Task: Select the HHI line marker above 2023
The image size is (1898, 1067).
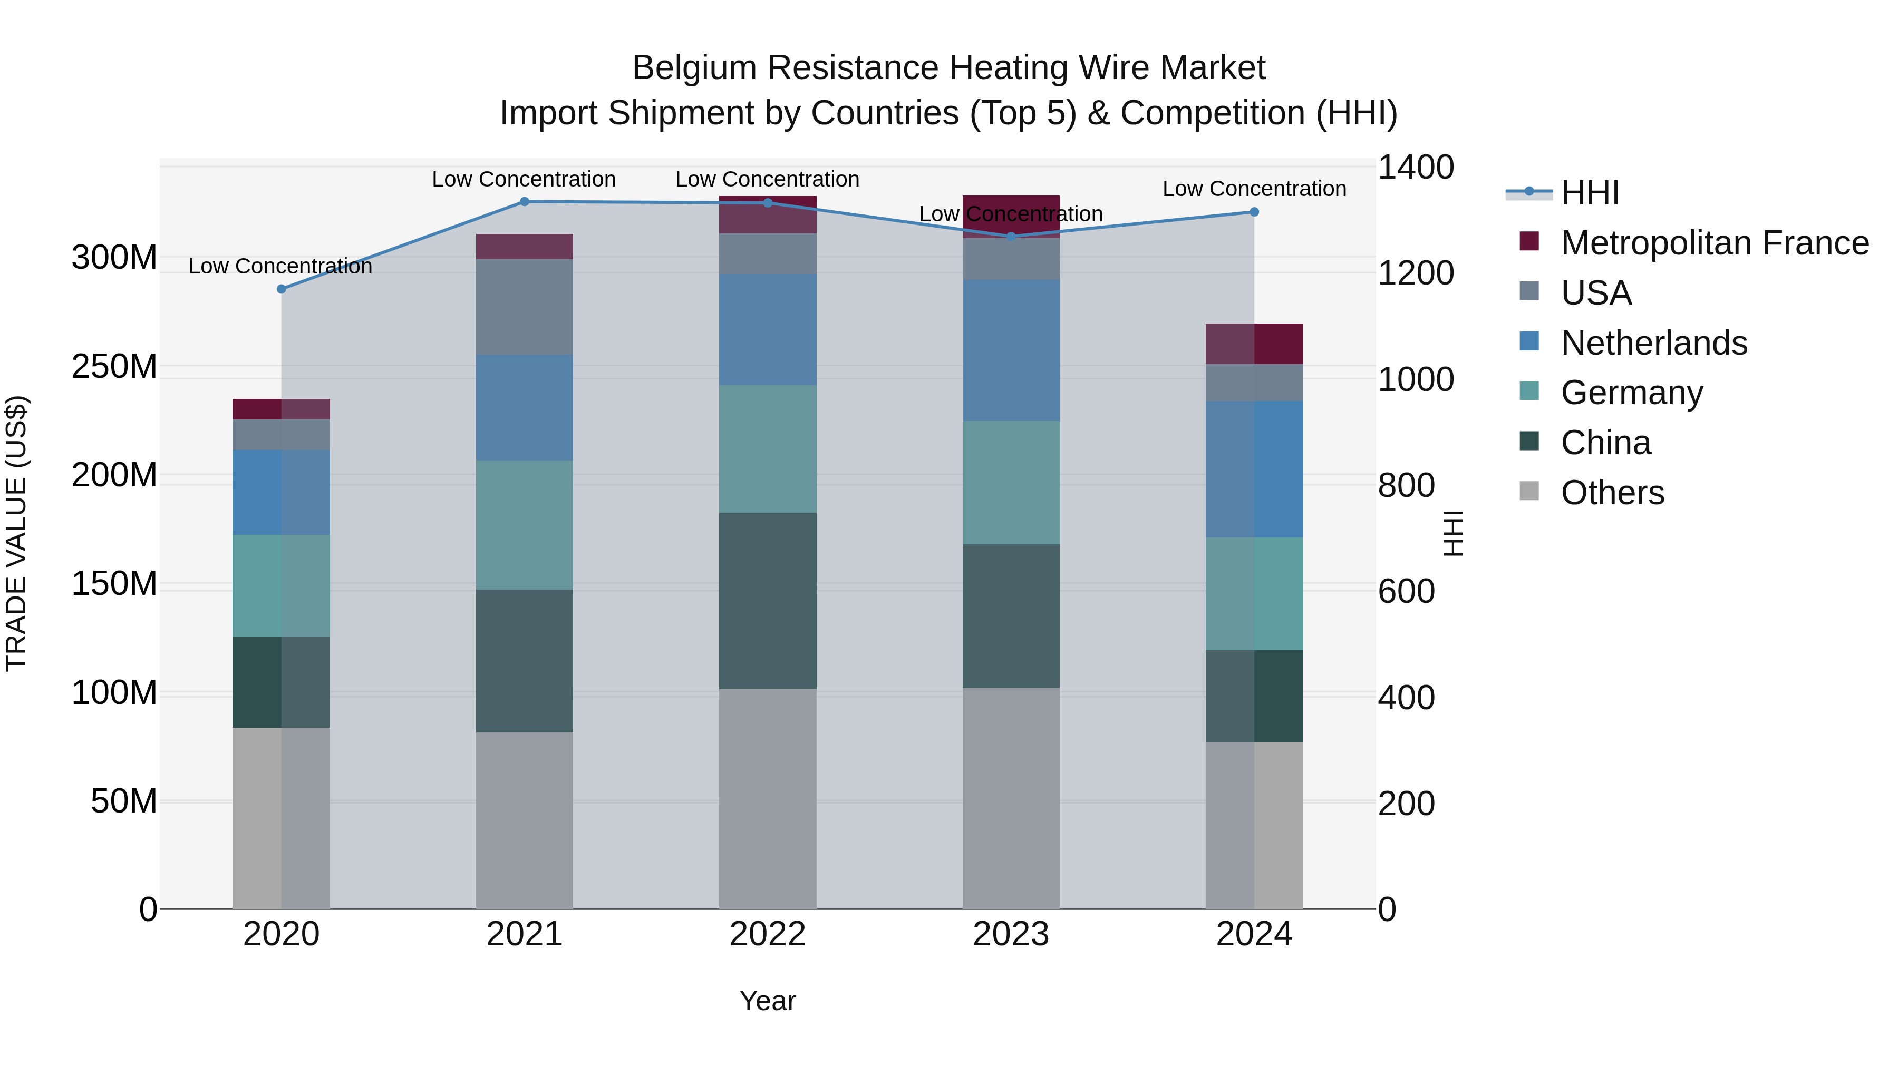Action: pyautogui.click(x=1011, y=237)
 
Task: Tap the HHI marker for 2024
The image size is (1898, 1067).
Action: pyautogui.click(x=1254, y=212)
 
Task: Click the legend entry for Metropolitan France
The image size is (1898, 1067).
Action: pyautogui.click(x=1714, y=243)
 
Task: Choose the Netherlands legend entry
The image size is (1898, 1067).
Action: pyautogui.click(x=1653, y=343)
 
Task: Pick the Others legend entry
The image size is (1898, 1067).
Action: pyautogui.click(x=1612, y=493)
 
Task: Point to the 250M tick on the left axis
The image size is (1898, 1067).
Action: pyautogui.click(x=114, y=367)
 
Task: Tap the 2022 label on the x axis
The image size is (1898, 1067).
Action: pyautogui.click(x=768, y=934)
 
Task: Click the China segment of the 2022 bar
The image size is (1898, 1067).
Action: pyautogui.click(x=768, y=600)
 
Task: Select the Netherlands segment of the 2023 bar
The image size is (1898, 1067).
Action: pyautogui.click(x=1011, y=350)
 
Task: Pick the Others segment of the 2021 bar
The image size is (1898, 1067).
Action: pyautogui.click(x=525, y=819)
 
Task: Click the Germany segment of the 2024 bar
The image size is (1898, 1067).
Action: pyautogui.click(x=1254, y=593)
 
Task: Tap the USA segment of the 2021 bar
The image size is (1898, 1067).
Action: pyautogui.click(x=525, y=307)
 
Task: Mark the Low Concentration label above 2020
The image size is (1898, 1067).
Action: pyautogui.click(x=280, y=267)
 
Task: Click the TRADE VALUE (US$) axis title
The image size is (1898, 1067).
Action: pyautogui.click(x=17, y=533)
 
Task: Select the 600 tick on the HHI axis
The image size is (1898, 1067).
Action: pyautogui.click(x=1406, y=591)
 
